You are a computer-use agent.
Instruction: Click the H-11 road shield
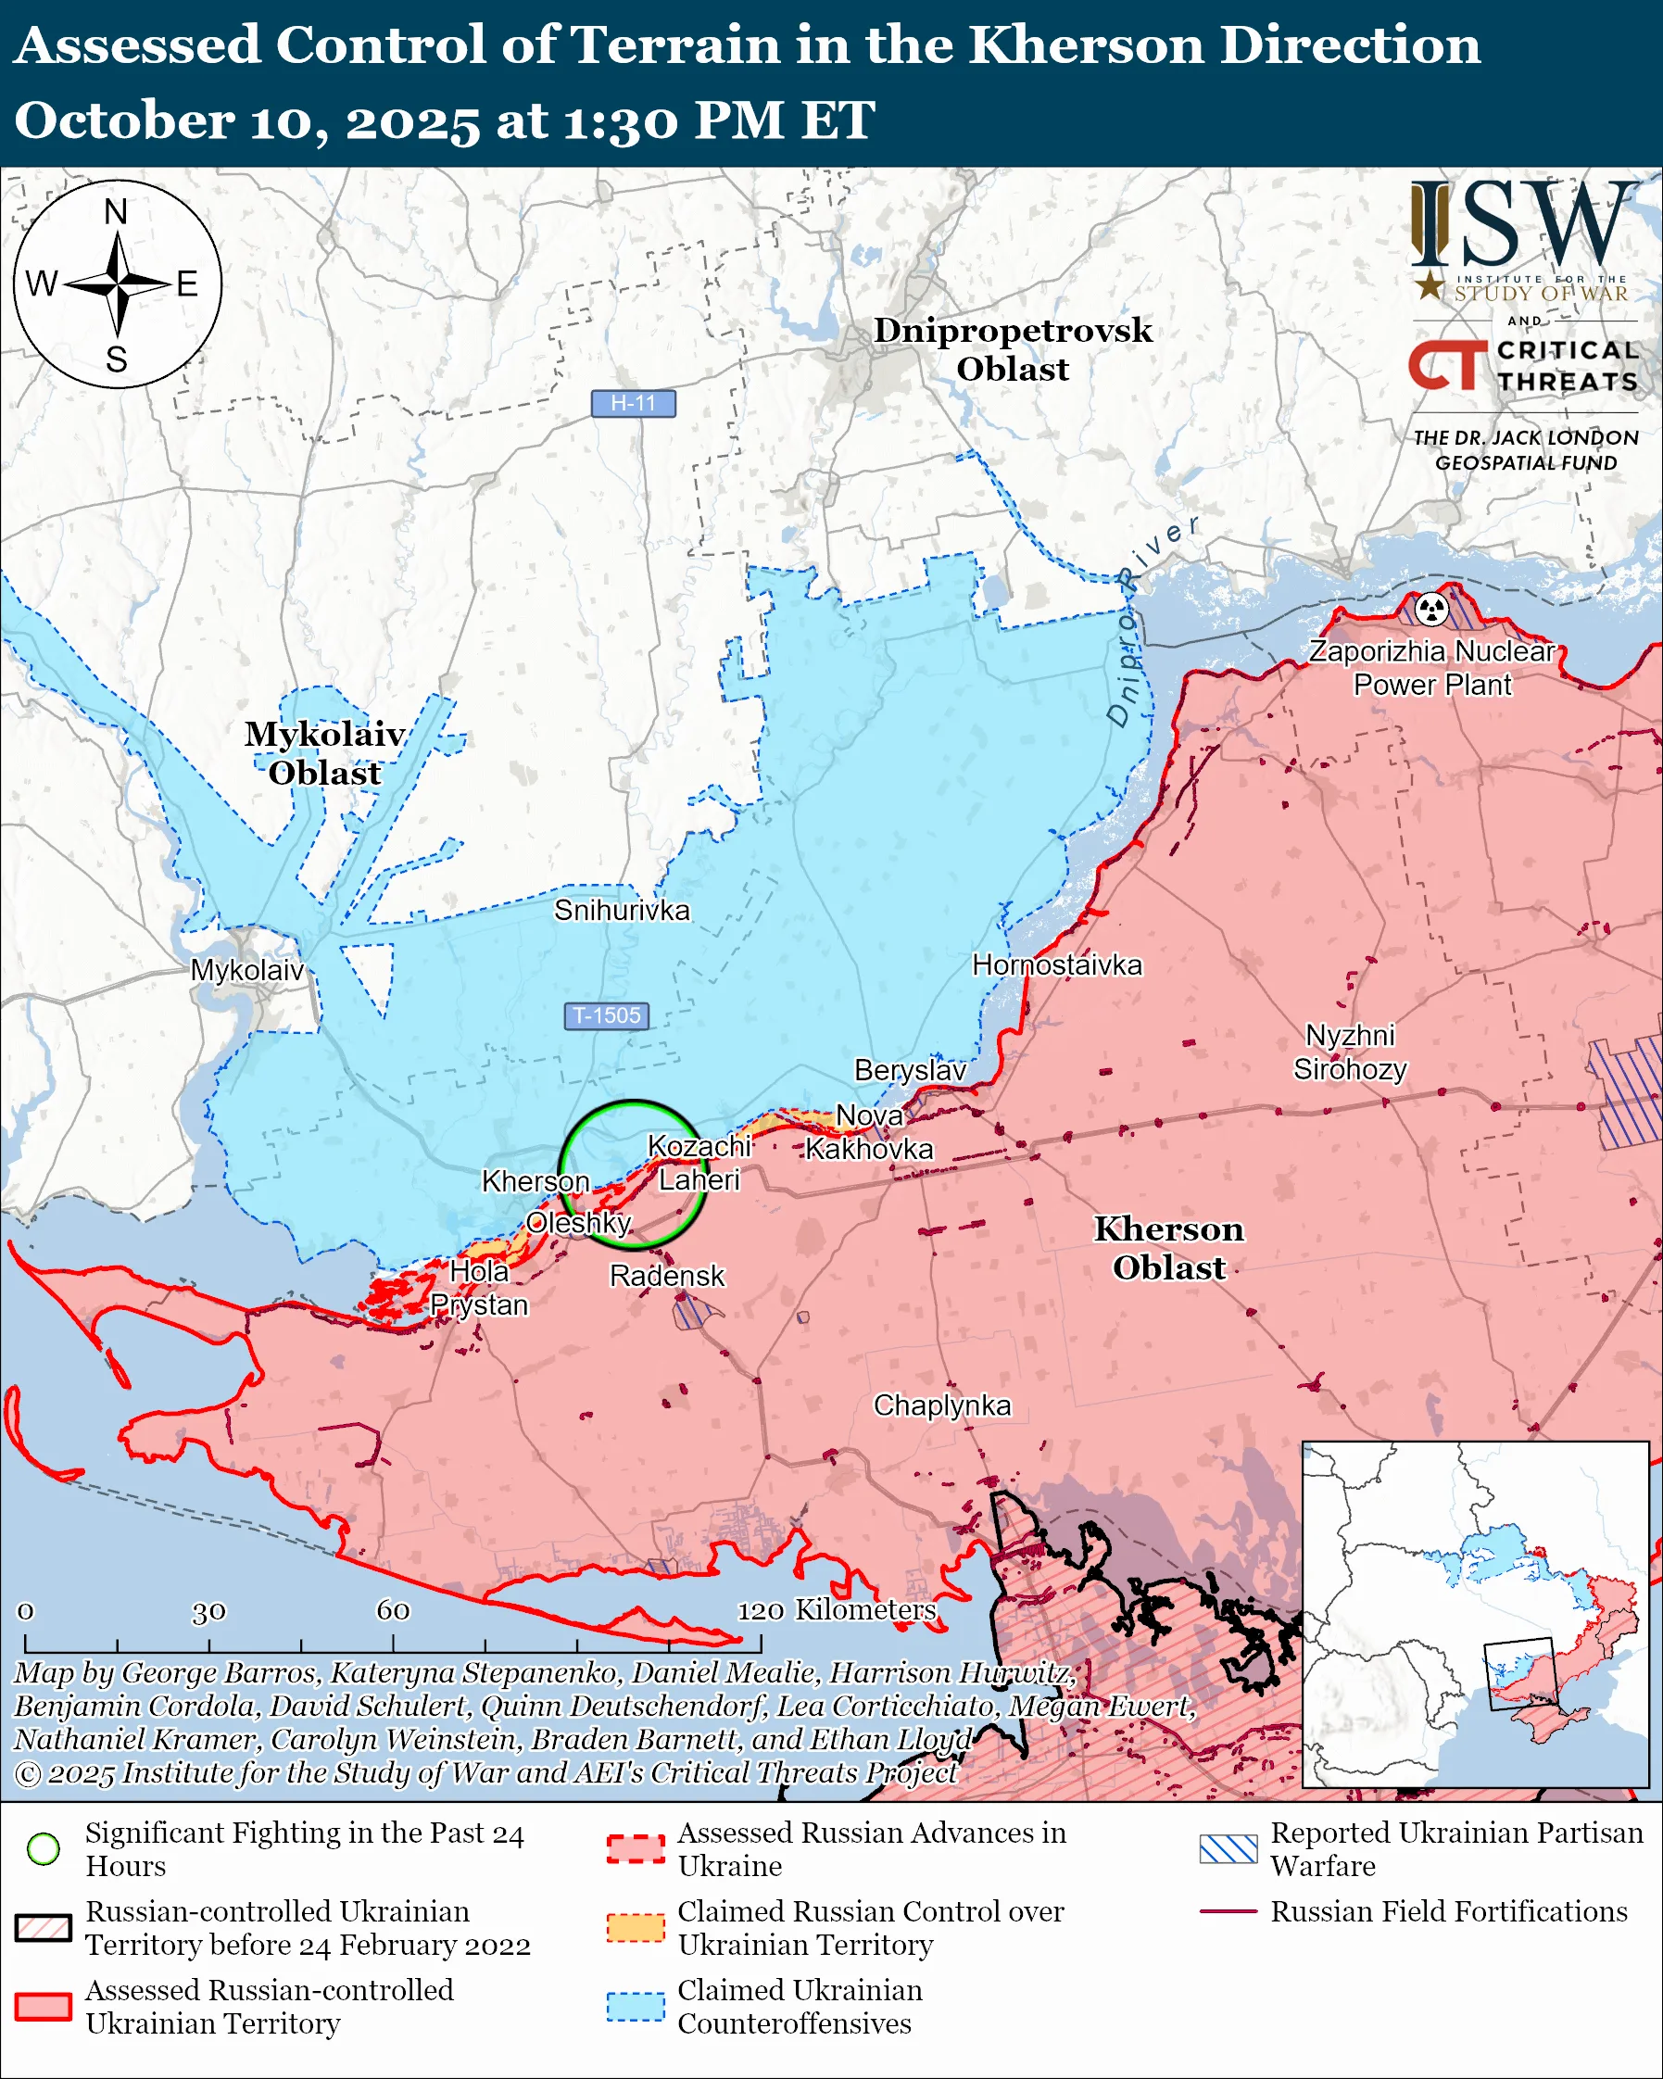tap(633, 403)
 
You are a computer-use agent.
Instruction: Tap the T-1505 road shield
tap(607, 1015)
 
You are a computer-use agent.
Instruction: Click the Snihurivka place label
tap(622, 911)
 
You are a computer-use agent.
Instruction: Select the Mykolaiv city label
tap(246, 970)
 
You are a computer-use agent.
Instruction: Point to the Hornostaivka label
tap(1056, 965)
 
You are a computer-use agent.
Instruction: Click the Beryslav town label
tap(910, 1070)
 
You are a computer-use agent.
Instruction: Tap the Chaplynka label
tap(942, 1405)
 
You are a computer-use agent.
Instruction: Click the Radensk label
tap(666, 1276)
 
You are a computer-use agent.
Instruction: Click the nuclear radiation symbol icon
tap(1431, 610)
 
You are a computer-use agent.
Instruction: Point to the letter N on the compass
tap(116, 211)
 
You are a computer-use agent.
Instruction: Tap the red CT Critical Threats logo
tap(1446, 365)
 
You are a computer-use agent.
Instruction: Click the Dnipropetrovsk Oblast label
tap(1013, 349)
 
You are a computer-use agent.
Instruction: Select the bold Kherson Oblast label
tap(1168, 1248)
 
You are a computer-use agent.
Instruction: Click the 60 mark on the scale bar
tap(393, 1610)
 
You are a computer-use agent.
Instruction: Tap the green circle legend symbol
tap(44, 1848)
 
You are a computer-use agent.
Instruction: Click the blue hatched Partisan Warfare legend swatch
tap(1228, 1848)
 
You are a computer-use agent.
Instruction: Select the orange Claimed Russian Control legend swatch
tap(636, 1928)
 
